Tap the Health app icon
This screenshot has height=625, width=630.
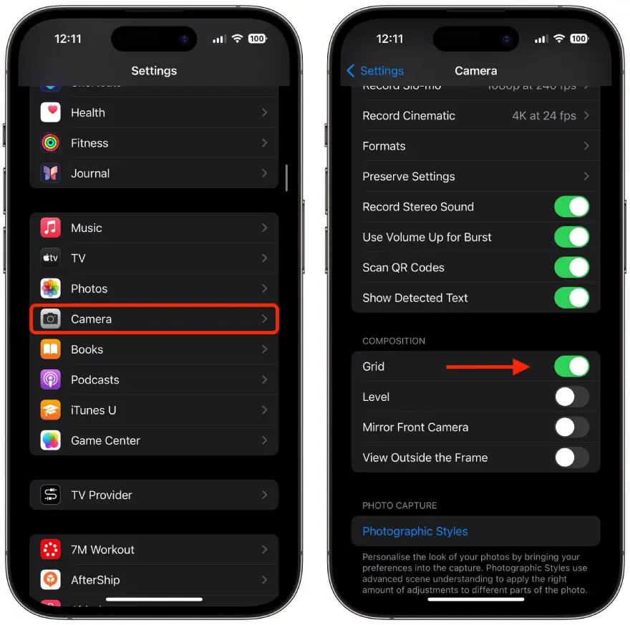click(50, 112)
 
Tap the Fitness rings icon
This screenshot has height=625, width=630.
click(50, 143)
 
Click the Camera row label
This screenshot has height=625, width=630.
click(92, 319)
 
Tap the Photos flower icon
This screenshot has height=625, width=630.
click(50, 289)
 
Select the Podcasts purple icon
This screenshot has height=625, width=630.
click(50, 380)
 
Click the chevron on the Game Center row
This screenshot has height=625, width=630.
click(264, 440)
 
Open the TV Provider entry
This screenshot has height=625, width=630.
click(102, 495)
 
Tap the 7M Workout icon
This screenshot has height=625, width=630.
click(50, 550)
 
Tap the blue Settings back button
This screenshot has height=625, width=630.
click(375, 71)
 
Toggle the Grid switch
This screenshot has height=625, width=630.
click(571, 367)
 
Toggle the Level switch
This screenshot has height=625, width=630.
click(571, 397)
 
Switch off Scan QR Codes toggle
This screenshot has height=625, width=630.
click(571, 268)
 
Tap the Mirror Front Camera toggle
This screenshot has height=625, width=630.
click(571, 427)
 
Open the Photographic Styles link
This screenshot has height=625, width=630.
click(415, 531)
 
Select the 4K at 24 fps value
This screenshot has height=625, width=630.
click(544, 116)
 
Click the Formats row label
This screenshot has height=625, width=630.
click(384, 146)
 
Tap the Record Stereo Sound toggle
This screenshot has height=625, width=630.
click(571, 207)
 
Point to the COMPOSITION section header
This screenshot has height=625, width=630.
click(394, 341)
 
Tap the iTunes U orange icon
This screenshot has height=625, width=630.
click(50, 410)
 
